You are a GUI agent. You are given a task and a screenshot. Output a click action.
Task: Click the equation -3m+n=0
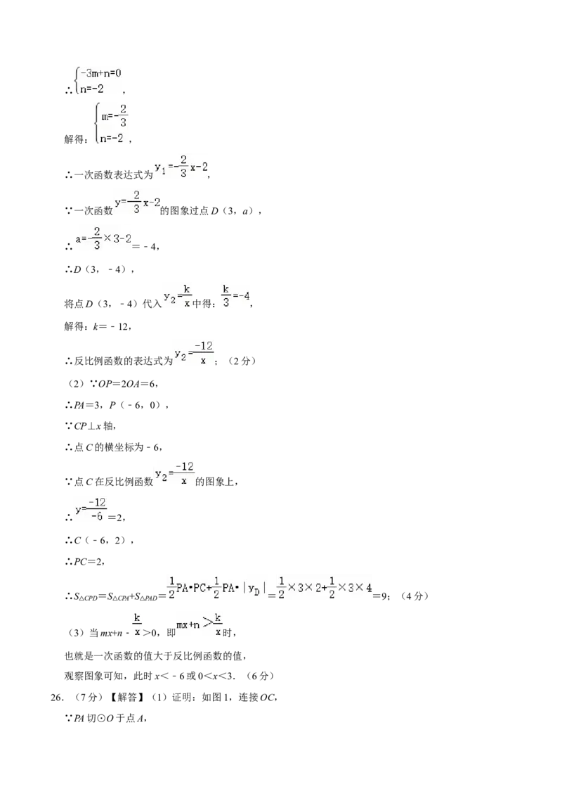click(100, 73)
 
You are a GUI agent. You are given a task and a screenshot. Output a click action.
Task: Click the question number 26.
click(58, 698)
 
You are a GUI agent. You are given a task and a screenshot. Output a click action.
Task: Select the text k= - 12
click(111, 326)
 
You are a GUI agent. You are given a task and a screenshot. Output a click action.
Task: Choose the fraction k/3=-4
click(236, 295)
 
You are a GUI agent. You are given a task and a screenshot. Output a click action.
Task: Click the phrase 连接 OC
click(258, 698)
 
